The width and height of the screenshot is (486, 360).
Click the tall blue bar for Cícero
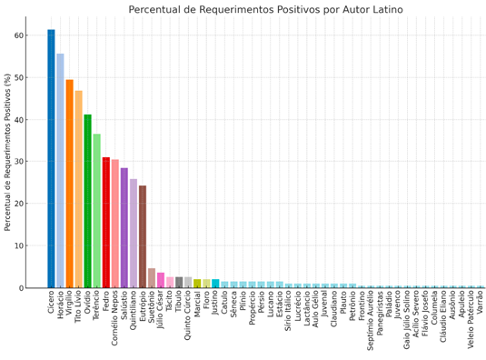coord(51,159)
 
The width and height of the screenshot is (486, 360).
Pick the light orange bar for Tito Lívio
coord(78,189)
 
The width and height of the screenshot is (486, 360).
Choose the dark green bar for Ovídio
coord(87,201)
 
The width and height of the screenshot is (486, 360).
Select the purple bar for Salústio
coord(124,228)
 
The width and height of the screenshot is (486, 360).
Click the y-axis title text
coord(8,153)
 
